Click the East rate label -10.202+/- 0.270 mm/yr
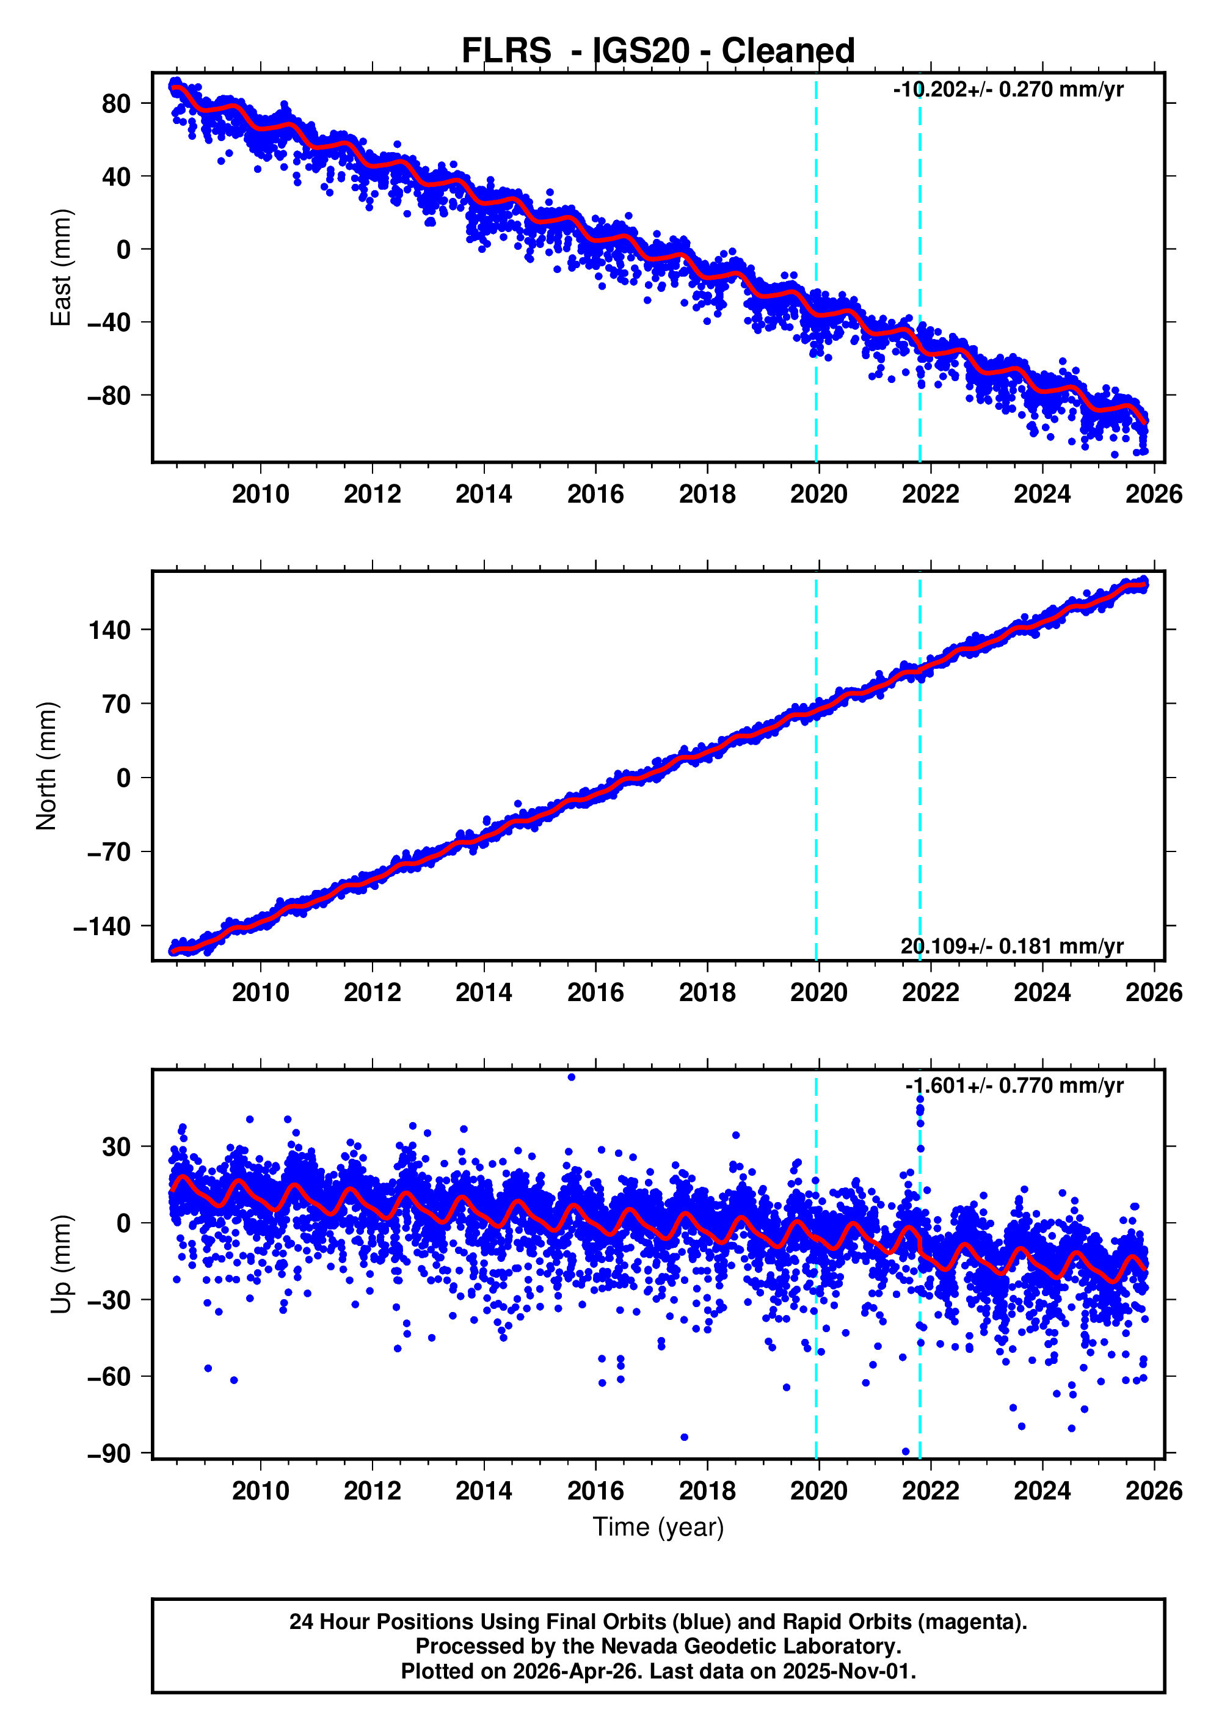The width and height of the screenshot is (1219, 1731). point(1008,90)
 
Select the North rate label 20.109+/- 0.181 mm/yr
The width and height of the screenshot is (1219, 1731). point(1012,946)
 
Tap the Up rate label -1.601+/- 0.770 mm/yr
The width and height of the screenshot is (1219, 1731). point(1014,1085)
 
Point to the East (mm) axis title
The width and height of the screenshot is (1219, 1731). point(60,268)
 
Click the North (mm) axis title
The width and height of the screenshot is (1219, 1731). point(47,766)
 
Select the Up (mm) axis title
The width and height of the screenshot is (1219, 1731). point(60,1264)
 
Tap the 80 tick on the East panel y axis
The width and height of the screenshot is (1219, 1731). point(116,104)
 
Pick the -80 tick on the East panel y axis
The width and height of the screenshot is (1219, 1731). point(109,396)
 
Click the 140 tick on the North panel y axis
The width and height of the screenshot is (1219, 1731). point(109,630)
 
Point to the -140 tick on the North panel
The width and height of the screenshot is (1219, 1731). point(103,927)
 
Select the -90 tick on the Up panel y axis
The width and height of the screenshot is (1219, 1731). point(109,1453)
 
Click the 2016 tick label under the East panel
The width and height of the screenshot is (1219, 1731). point(595,495)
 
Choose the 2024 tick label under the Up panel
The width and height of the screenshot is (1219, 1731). point(1042,1491)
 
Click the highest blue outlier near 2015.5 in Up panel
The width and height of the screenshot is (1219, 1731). point(572,1077)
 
